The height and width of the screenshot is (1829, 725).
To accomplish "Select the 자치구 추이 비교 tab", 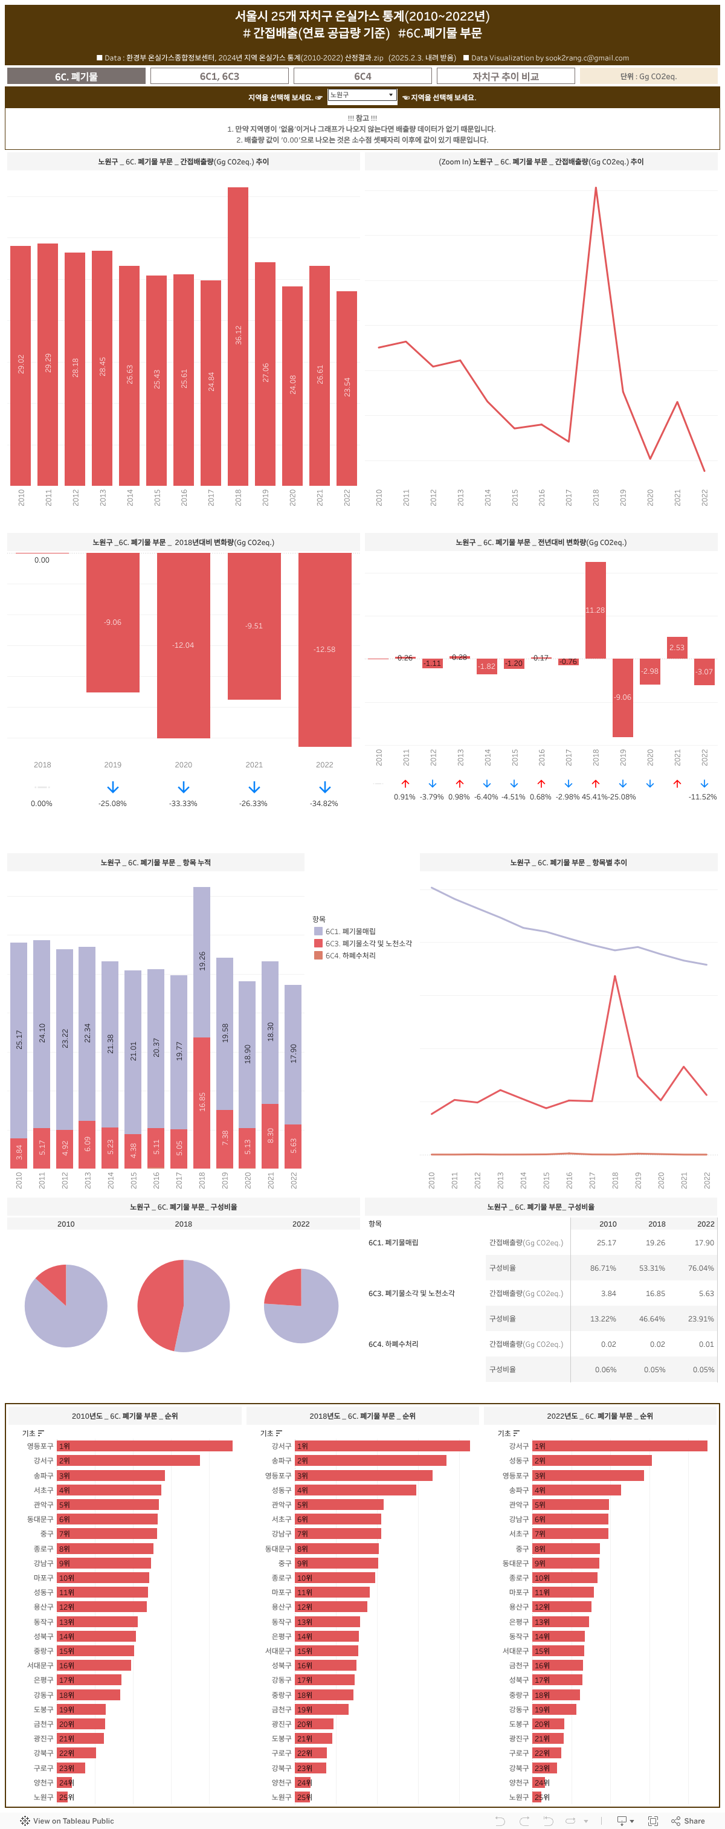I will coord(505,76).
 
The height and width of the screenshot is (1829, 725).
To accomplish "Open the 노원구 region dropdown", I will coord(361,95).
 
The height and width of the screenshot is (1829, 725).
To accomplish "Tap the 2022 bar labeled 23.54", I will coord(347,387).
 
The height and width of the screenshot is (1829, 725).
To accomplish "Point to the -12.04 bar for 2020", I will coord(183,645).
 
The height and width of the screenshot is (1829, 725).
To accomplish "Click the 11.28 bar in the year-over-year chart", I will coord(595,609).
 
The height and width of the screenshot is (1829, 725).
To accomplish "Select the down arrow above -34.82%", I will coord(324,787).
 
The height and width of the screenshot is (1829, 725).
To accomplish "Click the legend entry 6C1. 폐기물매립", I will coord(350,931).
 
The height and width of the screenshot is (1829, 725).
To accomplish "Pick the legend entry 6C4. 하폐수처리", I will coord(350,956).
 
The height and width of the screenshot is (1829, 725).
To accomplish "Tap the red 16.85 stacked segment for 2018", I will coord(202,1102).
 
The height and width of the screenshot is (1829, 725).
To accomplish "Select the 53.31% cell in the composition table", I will coord(652,1268).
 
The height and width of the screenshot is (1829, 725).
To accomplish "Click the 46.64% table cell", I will coord(652,1318).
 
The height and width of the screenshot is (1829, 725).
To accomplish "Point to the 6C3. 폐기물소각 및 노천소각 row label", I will coord(411,1293).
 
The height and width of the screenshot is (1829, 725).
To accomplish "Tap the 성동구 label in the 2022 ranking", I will coord(518,1460).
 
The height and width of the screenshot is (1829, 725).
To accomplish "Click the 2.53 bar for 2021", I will coord(677,648).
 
